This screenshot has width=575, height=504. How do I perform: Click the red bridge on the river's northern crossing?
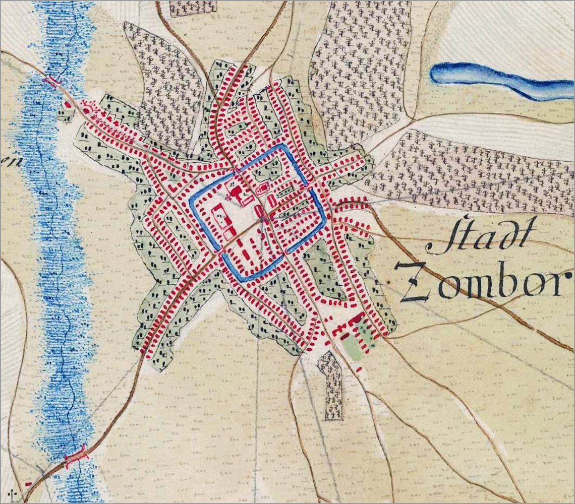[x=52, y=81]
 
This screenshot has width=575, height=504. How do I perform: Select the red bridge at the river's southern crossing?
[x=76, y=458]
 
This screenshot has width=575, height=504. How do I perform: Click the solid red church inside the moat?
[x=235, y=193]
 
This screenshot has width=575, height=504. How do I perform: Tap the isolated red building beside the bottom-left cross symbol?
[x=28, y=484]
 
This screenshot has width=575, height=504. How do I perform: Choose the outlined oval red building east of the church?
[x=263, y=190]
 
